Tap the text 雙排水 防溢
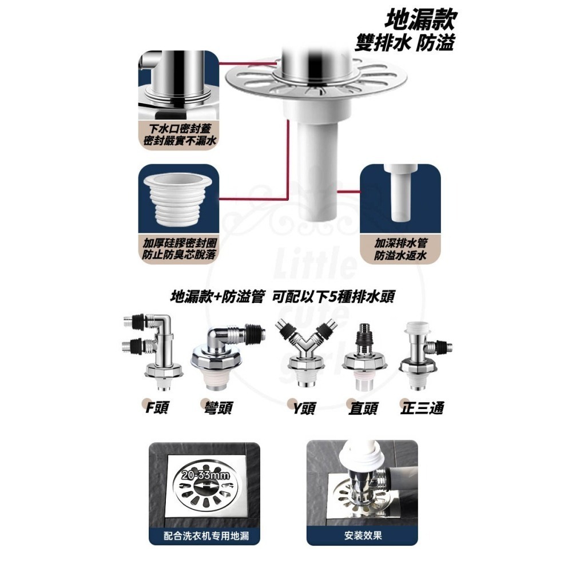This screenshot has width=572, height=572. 404,43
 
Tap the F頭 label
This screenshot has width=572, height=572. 156,408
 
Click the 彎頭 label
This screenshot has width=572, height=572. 218,408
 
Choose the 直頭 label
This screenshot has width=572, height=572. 363,408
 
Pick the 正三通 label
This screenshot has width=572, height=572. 422,408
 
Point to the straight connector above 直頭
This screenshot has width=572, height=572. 365,355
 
